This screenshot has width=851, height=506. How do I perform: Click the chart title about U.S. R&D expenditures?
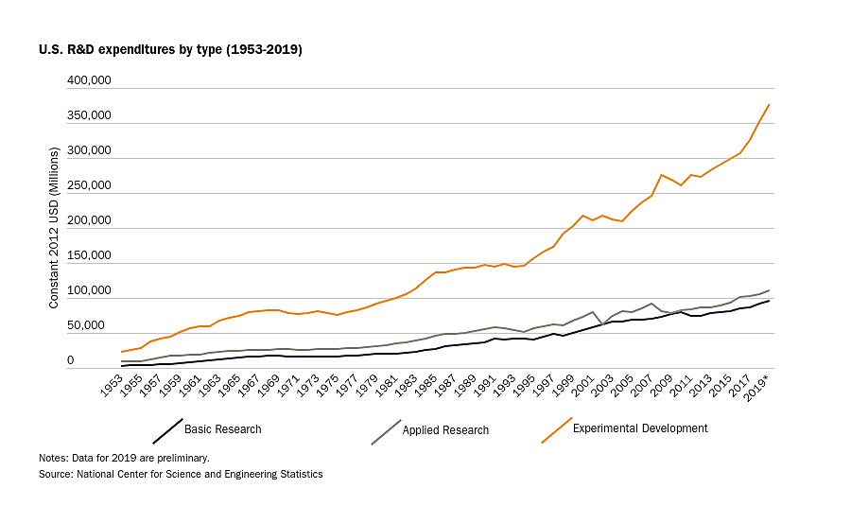[170, 49]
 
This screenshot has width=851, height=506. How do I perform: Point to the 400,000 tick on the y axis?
[90, 81]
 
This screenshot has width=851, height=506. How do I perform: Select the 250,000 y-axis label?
[90, 186]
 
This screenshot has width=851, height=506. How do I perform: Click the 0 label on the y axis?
[96, 361]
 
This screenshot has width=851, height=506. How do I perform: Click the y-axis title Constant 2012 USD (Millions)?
[54, 228]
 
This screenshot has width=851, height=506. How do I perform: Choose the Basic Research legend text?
[223, 429]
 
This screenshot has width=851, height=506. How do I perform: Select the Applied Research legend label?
[445, 430]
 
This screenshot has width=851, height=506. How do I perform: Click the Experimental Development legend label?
[640, 428]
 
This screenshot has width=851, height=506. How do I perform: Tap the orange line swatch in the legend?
[556, 429]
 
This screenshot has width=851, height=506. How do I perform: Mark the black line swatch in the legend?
[167, 430]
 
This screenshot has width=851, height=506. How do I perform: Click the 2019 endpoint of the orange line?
[770, 104]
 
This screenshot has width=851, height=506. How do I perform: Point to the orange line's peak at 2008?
[662, 175]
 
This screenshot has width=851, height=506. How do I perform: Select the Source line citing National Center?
[181, 474]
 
